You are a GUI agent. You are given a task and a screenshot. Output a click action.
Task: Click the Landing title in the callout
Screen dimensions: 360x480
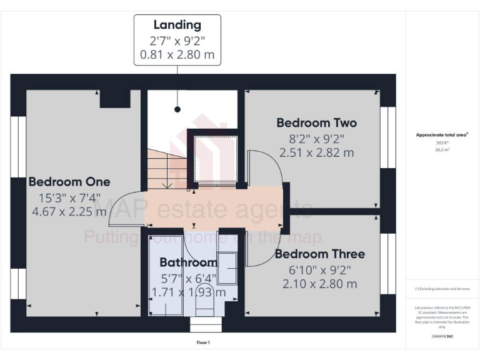[x=177, y=26]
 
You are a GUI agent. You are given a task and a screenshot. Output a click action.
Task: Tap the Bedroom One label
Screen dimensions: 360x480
[x=69, y=182]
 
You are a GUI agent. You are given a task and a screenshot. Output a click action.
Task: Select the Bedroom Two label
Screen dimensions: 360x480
[x=317, y=122]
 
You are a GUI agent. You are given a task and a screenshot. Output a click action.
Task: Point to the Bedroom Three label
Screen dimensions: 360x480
[x=319, y=254]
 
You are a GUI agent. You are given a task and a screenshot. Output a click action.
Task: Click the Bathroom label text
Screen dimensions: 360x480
[x=188, y=262]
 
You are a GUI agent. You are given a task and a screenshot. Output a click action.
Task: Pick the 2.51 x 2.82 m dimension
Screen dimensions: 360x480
[x=317, y=152]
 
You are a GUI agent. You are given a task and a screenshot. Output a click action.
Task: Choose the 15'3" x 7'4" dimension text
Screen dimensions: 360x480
[x=69, y=197]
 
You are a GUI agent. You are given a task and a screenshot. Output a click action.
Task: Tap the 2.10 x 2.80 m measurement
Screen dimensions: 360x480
[x=319, y=284]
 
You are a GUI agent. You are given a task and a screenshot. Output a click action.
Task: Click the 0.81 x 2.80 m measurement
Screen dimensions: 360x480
[x=177, y=55]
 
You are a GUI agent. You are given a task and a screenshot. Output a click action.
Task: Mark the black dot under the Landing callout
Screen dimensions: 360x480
[x=177, y=109]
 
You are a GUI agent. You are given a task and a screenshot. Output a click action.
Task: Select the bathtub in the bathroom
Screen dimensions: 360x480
[x=165, y=275]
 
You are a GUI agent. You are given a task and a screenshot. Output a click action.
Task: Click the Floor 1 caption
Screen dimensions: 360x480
[x=204, y=342]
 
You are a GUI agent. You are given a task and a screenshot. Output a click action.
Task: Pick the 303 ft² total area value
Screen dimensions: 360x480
[x=442, y=143]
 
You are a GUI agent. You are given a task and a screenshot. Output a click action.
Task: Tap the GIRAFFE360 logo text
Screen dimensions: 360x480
[x=442, y=336]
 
